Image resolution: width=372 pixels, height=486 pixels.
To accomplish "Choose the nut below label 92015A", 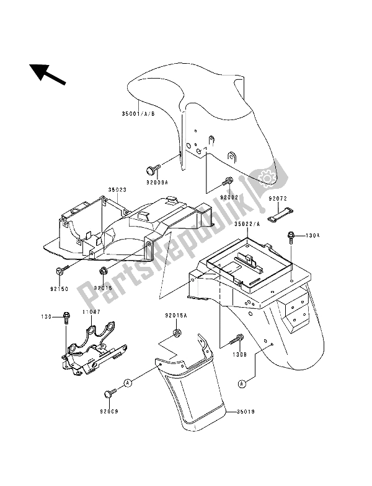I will [176, 334].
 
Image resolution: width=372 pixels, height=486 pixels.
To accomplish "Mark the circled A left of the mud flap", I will [128, 384].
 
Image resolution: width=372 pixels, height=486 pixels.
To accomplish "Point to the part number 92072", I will [279, 200].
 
